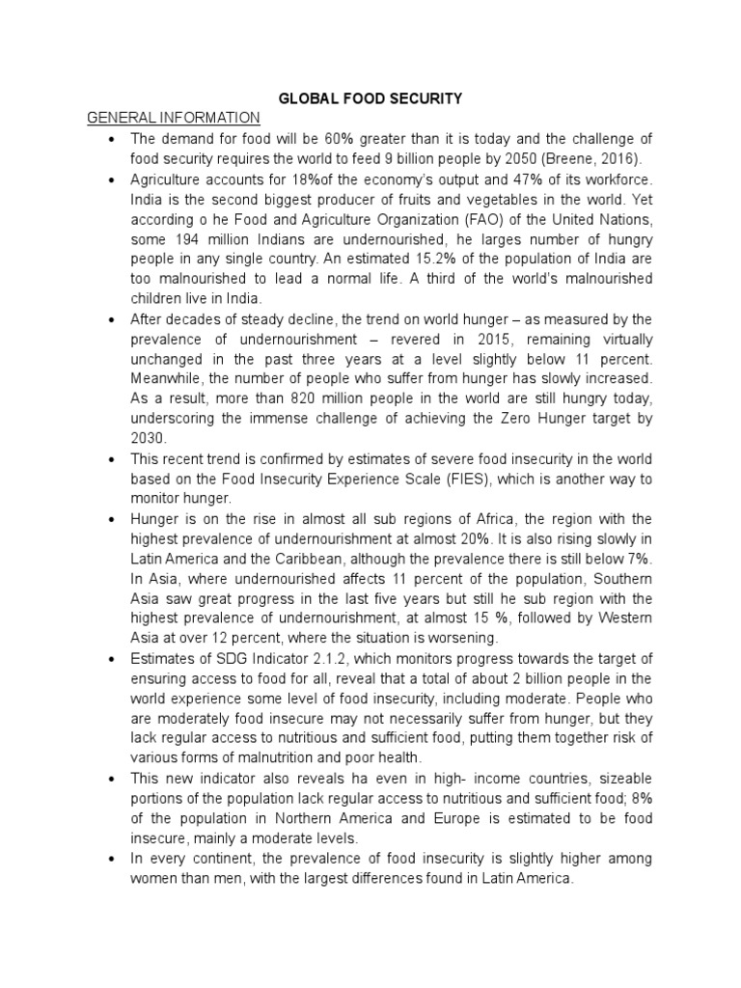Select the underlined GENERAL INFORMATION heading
click(x=174, y=118)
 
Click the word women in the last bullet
click(x=157, y=879)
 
